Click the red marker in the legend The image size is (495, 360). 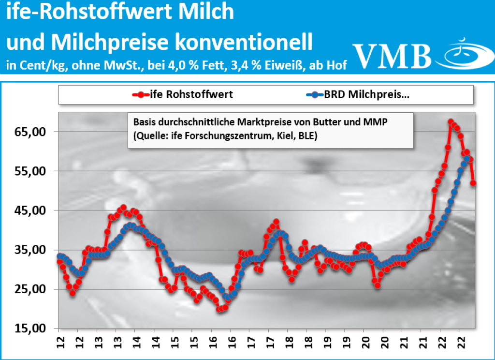pos(140,94)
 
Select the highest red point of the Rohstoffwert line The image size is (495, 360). pos(451,122)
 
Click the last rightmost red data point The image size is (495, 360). pos(473,183)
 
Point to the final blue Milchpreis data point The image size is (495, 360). pos(467,159)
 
